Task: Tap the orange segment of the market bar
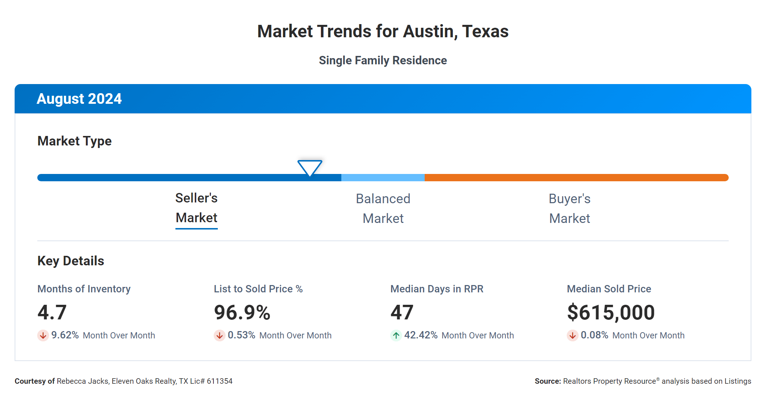click(x=576, y=178)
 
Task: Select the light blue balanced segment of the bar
click(x=383, y=178)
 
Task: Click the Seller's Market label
click(x=197, y=208)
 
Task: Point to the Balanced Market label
click(x=383, y=209)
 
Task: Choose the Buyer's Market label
click(x=569, y=209)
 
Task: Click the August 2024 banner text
click(x=79, y=99)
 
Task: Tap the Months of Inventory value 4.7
click(x=52, y=312)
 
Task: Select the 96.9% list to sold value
click(x=242, y=312)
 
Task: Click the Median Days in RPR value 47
click(x=402, y=312)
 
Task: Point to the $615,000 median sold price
click(x=611, y=312)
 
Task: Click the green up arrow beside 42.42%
click(x=396, y=335)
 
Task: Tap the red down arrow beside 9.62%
click(x=43, y=335)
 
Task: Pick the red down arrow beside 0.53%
click(x=220, y=335)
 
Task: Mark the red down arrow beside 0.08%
click(x=573, y=335)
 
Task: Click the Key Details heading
click(x=71, y=261)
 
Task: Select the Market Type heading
click(x=75, y=141)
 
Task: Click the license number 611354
click(x=220, y=381)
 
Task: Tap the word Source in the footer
click(x=547, y=381)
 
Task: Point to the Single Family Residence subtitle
click(x=383, y=60)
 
